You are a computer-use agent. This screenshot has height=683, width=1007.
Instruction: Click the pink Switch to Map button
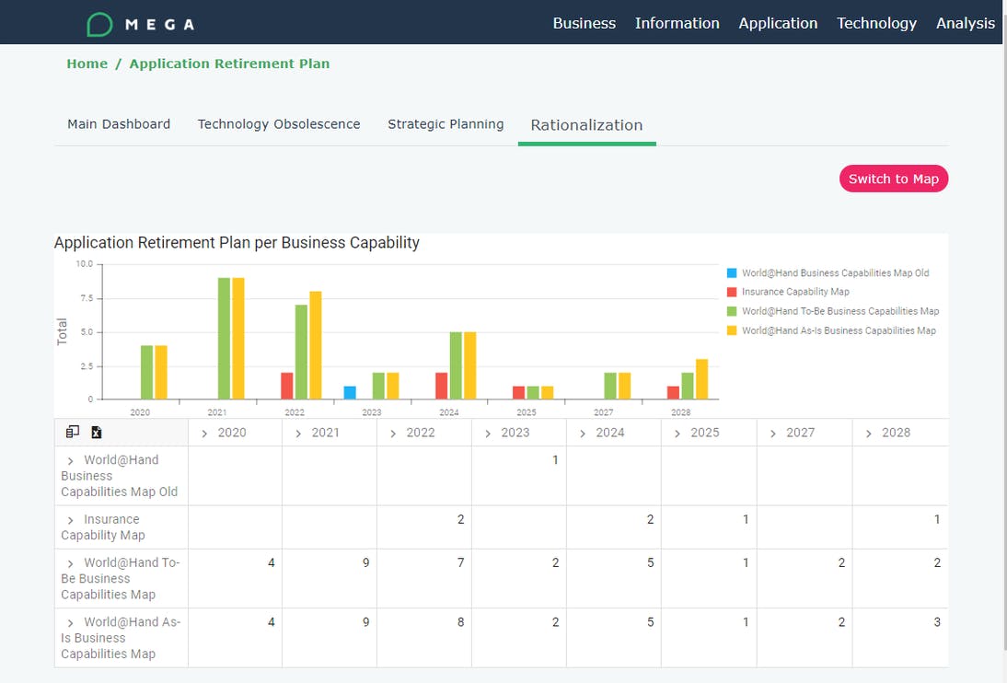tap(893, 179)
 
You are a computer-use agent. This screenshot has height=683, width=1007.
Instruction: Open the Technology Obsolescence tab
tap(279, 124)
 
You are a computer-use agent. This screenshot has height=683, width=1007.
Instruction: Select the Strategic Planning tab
tap(446, 124)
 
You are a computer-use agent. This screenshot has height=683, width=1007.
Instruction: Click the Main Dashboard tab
tap(119, 124)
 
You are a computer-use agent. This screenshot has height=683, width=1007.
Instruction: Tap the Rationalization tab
tap(586, 125)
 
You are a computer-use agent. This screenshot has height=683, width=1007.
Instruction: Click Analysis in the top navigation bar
tap(965, 23)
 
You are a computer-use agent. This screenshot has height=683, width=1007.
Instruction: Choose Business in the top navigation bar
tap(584, 23)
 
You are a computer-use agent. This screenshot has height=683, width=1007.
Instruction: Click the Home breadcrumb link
tap(87, 64)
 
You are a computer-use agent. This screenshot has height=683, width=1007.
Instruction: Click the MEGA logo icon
tap(99, 25)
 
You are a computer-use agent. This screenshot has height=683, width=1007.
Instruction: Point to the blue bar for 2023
tap(350, 392)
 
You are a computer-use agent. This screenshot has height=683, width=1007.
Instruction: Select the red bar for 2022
tap(287, 386)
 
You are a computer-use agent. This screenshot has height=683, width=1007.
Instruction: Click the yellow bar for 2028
tap(701, 378)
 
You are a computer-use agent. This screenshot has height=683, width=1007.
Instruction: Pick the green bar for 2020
tap(147, 372)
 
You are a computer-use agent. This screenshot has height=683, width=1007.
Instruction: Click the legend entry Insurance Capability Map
tap(794, 292)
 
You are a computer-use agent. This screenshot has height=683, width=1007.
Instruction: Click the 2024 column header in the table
tap(609, 433)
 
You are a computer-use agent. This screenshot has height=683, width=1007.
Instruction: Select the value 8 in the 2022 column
tap(460, 621)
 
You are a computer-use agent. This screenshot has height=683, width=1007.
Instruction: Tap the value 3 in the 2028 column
tap(937, 621)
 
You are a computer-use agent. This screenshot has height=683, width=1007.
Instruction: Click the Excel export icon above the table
tap(96, 432)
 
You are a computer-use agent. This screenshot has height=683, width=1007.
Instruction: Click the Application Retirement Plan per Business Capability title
tap(237, 243)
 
